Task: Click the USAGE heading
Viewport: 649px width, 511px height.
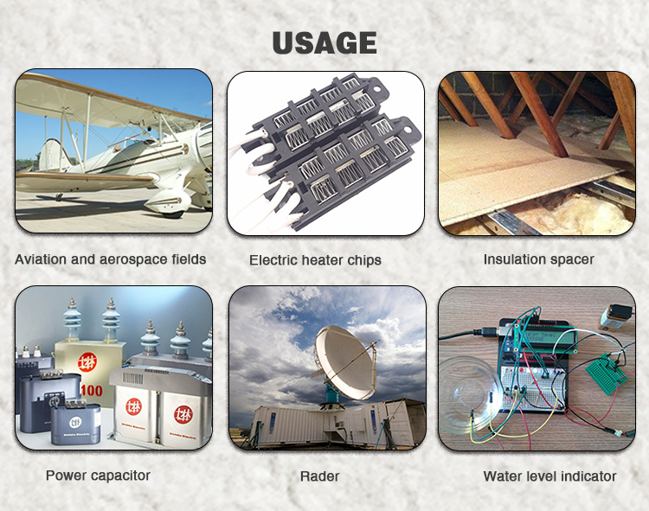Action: [x=324, y=43]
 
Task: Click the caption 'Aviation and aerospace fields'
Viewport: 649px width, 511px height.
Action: [x=111, y=259]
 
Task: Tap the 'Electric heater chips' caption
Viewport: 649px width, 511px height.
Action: [x=315, y=260]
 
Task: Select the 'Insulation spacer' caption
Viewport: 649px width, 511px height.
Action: [x=538, y=259]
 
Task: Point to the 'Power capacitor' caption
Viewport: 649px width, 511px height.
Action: [x=98, y=476]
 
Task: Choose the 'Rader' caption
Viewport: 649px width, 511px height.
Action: [x=319, y=476]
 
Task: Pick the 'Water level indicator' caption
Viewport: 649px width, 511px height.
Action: [x=549, y=476]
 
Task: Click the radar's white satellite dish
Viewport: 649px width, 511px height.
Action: [x=344, y=362]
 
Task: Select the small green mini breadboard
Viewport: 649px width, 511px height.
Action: [x=606, y=374]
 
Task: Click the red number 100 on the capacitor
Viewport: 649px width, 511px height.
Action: [x=91, y=390]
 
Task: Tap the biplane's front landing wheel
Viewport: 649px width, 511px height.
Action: [x=172, y=212]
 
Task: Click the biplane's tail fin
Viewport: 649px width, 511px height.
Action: [x=52, y=155]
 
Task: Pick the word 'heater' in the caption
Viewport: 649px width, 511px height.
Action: [x=322, y=260]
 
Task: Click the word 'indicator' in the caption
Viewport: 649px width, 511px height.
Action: [x=588, y=476]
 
